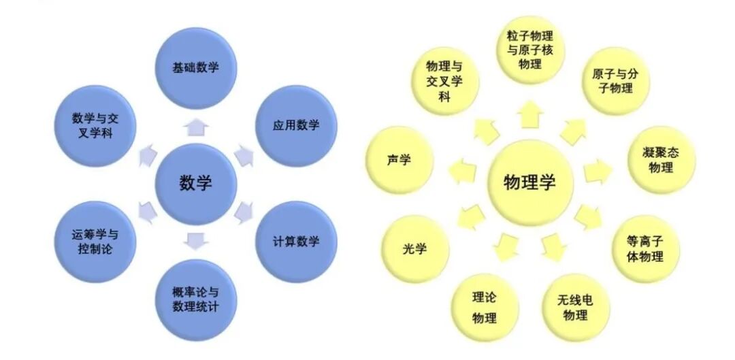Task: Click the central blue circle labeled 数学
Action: pyautogui.click(x=195, y=184)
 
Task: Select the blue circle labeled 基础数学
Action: pyautogui.click(x=195, y=67)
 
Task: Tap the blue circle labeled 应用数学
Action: pyautogui.click(x=296, y=125)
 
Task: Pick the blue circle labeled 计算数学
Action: pyautogui.click(x=296, y=242)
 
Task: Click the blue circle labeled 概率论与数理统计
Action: pyautogui.click(x=195, y=300)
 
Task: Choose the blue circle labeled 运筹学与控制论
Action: pyautogui.click(x=95, y=242)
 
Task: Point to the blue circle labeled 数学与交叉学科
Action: pyautogui.click(x=95, y=125)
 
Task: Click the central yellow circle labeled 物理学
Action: pyautogui.click(x=530, y=183)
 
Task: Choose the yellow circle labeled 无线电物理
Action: pyautogui.click(x=576, y=308)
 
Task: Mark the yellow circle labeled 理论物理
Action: pyautogui.click(x=485, y=308)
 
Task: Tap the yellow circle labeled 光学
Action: pyautogui.click(x=414, y=249)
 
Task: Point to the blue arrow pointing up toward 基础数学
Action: pyautogui.click(x=196, y=125)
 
